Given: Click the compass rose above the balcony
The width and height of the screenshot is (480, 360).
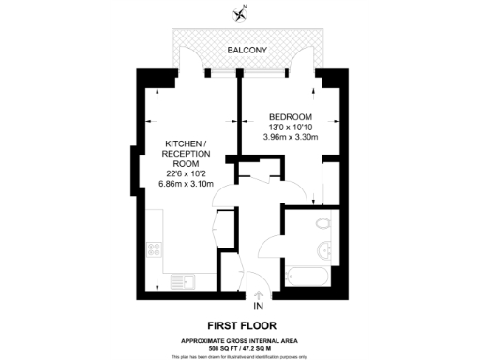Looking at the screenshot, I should coord(240,13).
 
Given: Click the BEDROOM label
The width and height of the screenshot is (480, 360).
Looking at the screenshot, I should coord(290,116).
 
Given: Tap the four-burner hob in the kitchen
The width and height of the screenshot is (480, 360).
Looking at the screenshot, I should coord(153,250).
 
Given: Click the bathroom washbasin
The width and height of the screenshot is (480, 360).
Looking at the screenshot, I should coord(324,249).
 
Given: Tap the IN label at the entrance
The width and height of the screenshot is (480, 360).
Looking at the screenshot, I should coord(259,307).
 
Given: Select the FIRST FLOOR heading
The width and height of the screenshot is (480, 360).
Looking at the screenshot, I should coord(240,325).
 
